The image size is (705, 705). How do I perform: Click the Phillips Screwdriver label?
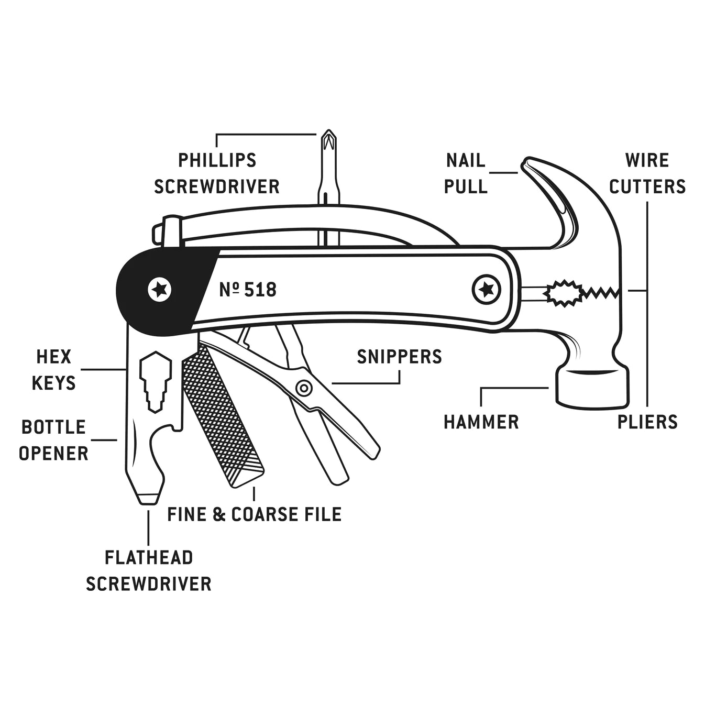[x=217, y=173]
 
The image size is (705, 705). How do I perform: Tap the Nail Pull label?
[x=466, y=173]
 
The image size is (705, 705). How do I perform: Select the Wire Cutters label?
[x=647, y=173]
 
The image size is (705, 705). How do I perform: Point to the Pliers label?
[x=647, y=422]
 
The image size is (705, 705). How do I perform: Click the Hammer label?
[x=481, y=422]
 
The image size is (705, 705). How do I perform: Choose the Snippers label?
[x=399, y=357]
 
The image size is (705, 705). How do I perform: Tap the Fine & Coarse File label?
[x=255, y=514]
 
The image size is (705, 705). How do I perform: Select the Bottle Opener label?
[x=53, y=440]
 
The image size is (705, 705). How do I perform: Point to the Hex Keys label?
[x=53, y=370]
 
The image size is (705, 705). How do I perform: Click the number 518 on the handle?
[x=260, y=290]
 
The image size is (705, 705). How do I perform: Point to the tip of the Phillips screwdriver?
[x=328, y=134]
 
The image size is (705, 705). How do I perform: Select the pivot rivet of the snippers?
[x=303, y=388]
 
